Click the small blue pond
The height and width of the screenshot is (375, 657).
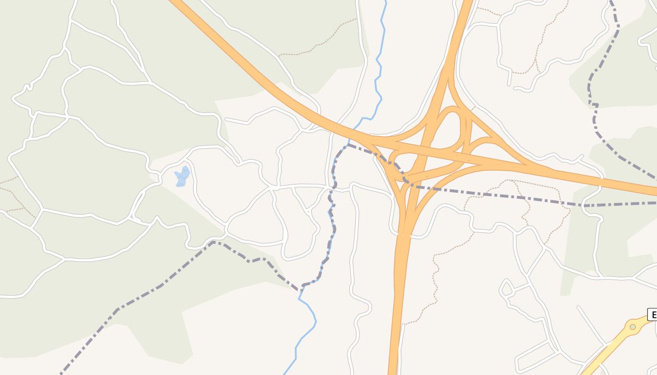(182, 177)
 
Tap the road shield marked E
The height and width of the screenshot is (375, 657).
(652, 315)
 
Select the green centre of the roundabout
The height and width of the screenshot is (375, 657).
(633, 327)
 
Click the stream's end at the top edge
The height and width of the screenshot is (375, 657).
(386, 2)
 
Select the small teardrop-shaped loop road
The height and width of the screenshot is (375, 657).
(506, 288)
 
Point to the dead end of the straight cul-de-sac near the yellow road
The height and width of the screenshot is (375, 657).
(579, 307)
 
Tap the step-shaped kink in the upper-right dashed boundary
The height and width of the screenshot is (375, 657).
(594, 105)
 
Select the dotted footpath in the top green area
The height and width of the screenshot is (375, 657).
(319, 45)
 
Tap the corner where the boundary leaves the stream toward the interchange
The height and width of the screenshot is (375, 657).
(347, 145)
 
